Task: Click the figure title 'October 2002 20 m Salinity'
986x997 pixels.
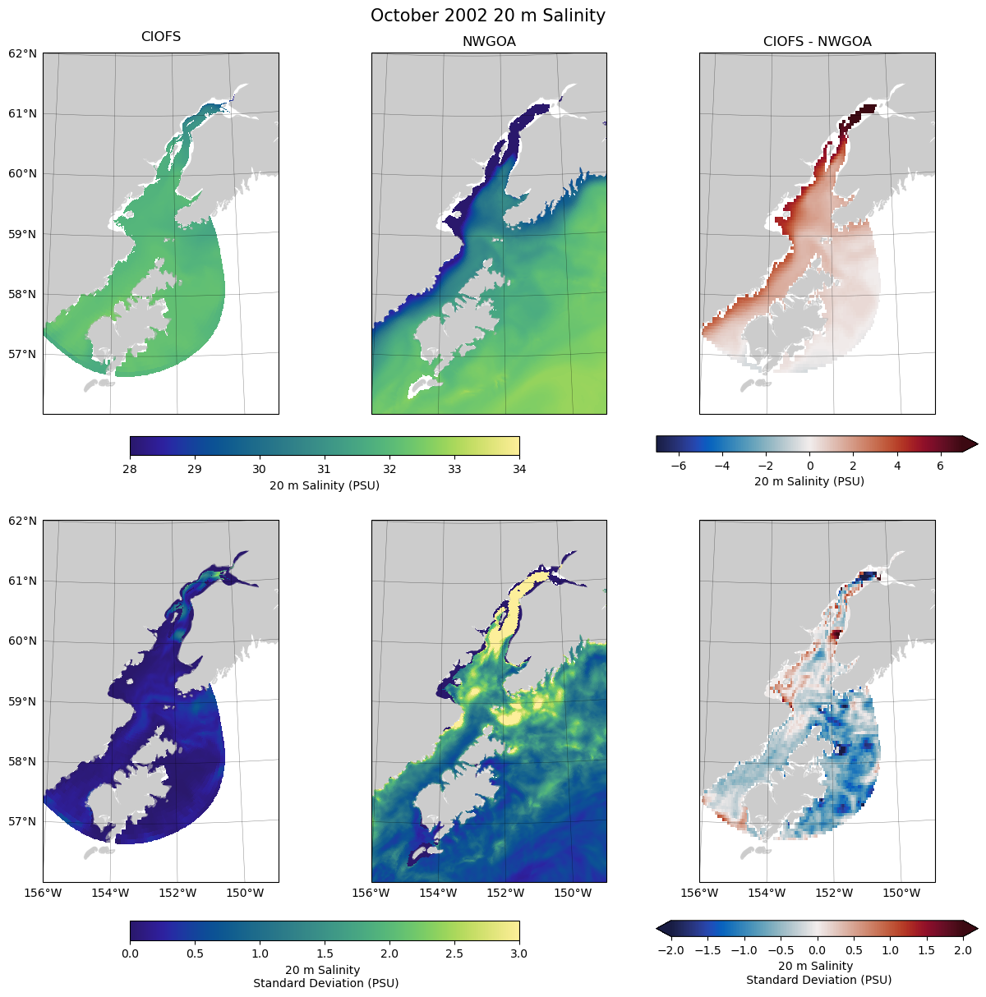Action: (x=488, y=16)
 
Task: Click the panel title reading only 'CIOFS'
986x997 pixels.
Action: (x=161, y=37)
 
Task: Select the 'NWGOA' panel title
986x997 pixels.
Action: (x=489, y=42)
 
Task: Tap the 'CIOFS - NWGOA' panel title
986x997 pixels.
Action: (x=817, y=42)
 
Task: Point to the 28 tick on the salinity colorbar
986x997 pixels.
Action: (x=130, y=469)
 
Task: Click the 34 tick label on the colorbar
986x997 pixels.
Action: (x=519, y=469)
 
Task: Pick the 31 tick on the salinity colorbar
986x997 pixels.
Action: (x=325, y=469)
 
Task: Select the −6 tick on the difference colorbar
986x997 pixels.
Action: (x=679, y=465)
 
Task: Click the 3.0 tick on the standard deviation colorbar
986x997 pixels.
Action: (x=519, y=953)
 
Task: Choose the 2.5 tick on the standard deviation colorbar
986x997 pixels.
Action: (x=454, y=953)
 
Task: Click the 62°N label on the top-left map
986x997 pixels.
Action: (x=22, y=53)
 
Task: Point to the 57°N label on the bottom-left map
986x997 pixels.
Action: (x=22, y=821)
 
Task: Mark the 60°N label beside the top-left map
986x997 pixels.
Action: (x=22, y=174)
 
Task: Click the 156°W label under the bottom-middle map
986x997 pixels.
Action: (x=371, y=893)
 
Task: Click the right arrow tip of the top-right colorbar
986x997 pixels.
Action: (x=976, y=444)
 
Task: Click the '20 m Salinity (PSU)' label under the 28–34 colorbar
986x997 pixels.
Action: (x=325, y=485)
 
